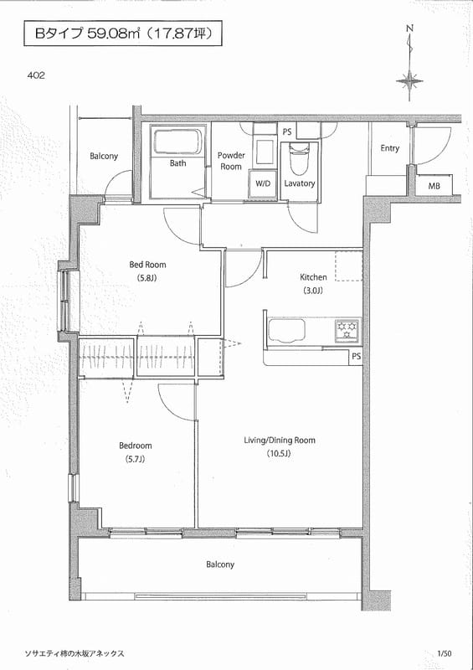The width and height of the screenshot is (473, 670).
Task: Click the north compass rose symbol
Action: (x=409, y=81)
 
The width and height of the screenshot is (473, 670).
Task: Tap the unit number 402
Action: (x=35, y=75)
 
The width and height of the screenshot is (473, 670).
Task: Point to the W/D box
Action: (x=263, y=183)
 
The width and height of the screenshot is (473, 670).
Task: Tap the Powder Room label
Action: (x=231, y=161)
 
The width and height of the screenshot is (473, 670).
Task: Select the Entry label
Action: (x=390, y=148)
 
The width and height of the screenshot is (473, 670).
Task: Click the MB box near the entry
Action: (x=434, y=186)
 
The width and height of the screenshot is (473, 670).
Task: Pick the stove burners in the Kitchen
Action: (x=347, y=330)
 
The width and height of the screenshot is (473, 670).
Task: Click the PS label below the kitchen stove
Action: (x=357, y=356)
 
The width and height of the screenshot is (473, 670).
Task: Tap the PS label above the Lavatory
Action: (x=287, y=132)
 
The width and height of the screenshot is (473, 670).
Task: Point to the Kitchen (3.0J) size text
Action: (x=313, y=291)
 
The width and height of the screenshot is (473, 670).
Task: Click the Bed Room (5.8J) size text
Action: (x=147, y=278)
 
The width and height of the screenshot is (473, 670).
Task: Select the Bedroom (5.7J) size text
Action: (x=135, y=459)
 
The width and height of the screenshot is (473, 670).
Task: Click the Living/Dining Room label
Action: (x=279, y=441)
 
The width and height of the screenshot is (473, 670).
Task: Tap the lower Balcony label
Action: (x=220, y=564)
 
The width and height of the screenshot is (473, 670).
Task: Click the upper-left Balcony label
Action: (x=104, y=157)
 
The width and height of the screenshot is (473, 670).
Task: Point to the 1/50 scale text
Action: (x=444, y=652)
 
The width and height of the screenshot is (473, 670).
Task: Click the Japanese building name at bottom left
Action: (x=74, y=652)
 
